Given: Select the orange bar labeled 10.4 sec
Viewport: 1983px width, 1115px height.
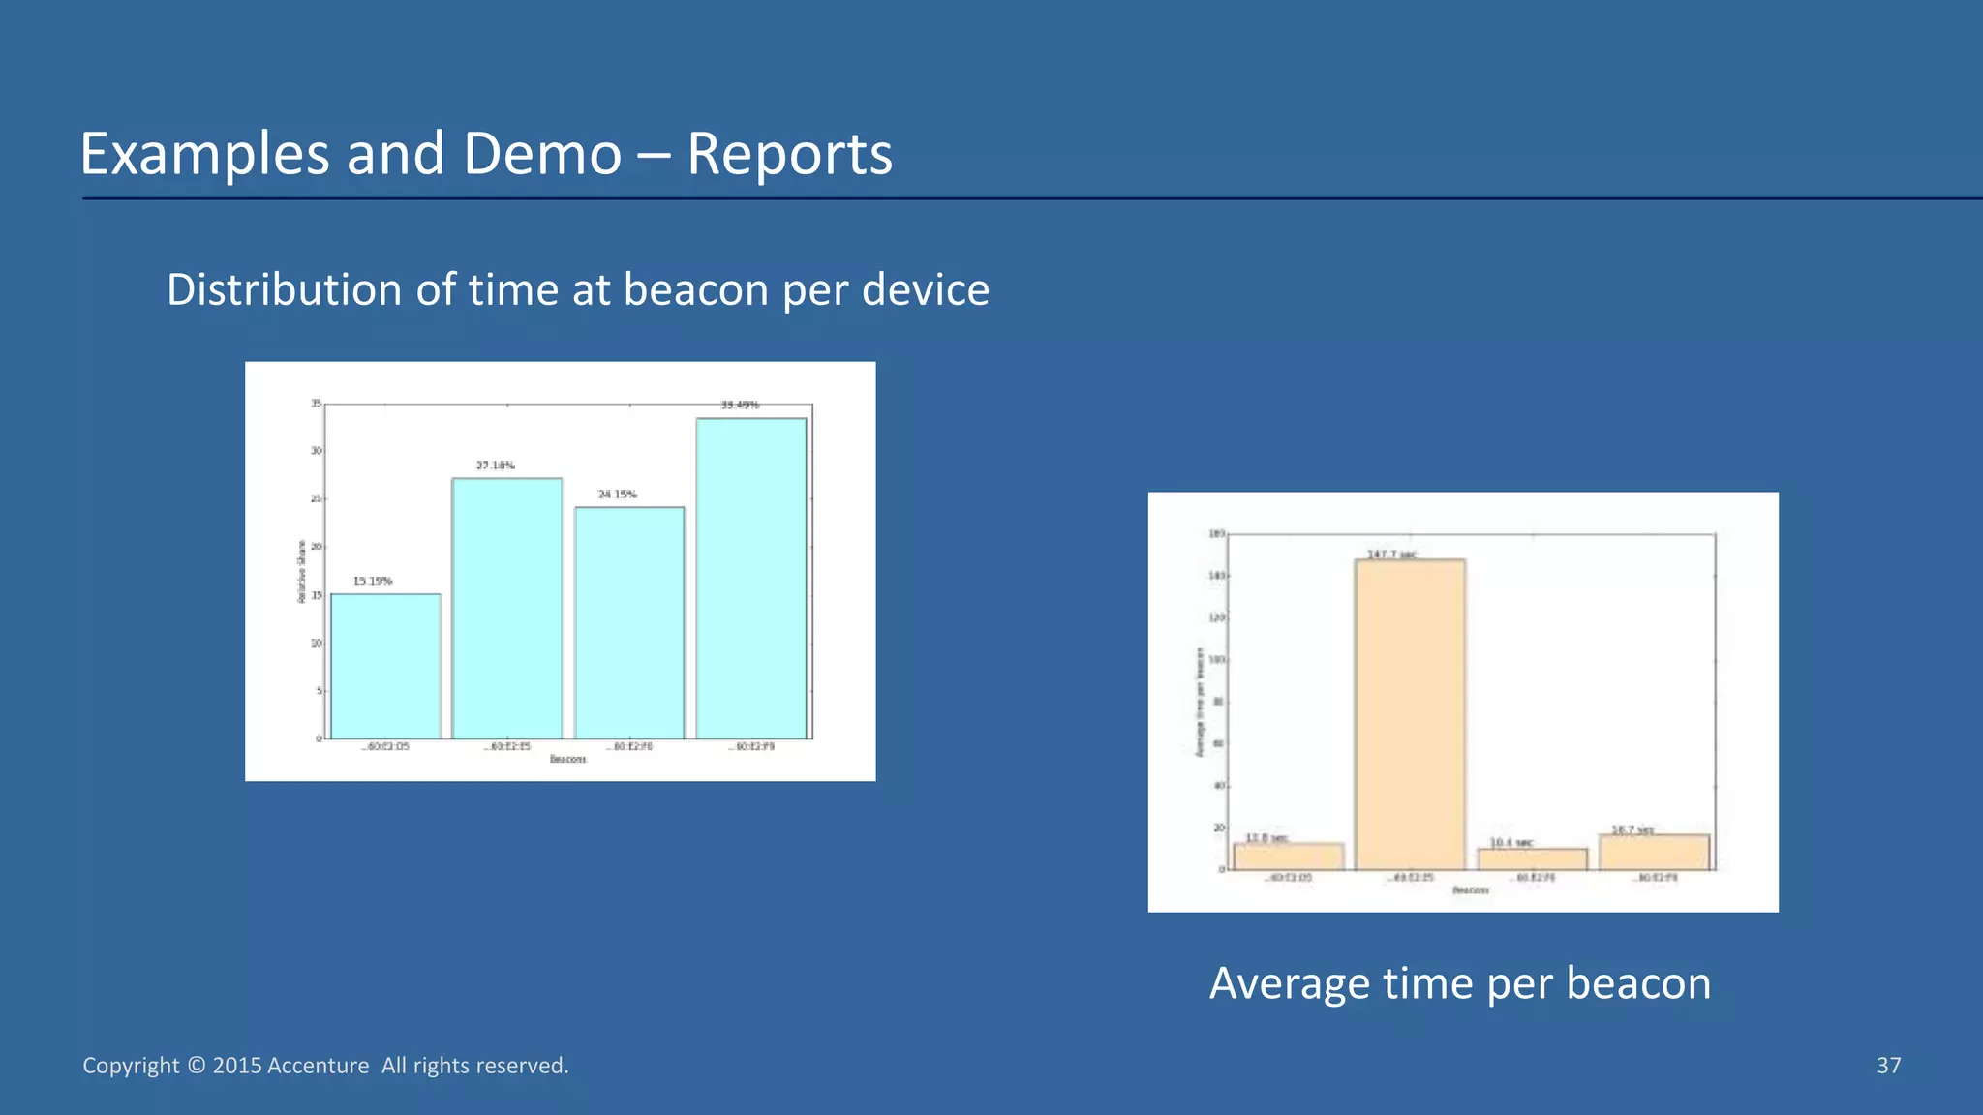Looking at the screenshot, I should click(1532, 859).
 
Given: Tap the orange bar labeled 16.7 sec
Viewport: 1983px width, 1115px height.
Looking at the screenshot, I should click(1654, 852).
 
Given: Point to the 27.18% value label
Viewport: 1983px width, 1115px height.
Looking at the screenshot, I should click(495, 466).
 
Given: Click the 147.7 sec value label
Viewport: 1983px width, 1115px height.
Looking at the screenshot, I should click(1391, 555).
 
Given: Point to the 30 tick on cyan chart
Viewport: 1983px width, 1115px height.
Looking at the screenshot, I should click(316, 451).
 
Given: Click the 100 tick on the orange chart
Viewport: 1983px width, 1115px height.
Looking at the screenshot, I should click(1216, 660).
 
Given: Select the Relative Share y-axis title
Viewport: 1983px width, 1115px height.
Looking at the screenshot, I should click(301, 572).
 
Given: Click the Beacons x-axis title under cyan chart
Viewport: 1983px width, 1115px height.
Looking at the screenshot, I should click(567, 760).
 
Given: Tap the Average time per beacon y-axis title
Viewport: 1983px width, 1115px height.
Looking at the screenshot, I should click(1200, 703).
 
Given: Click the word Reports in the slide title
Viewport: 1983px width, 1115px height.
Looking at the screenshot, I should click(789, 154).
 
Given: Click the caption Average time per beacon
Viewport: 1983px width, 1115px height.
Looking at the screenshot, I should click(1459, 983).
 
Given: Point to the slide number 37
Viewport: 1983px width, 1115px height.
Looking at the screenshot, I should click(1888, 1066).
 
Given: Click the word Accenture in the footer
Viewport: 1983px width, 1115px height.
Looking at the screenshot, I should click(318, 1066).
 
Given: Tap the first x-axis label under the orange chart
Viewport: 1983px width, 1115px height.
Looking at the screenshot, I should click(1289, 878).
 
